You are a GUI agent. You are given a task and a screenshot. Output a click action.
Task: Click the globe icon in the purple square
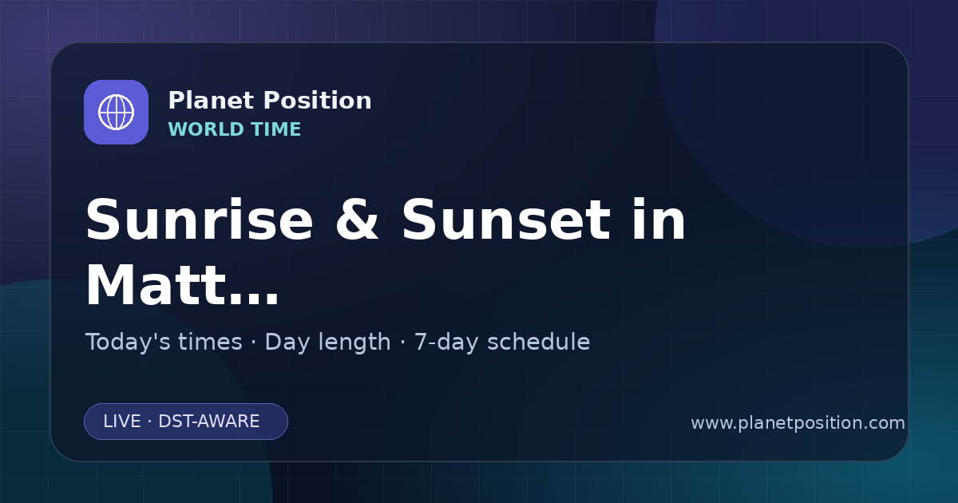click(116, 112)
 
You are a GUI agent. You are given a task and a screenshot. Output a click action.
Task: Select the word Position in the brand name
click(318, 101)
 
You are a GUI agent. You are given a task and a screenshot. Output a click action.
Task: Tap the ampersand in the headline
click(357, 220)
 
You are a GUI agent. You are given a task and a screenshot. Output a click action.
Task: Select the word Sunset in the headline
click(506, 220)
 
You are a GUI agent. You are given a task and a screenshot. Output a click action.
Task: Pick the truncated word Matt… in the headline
click(183, 285)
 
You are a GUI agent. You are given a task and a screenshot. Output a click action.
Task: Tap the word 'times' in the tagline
click(210, 342)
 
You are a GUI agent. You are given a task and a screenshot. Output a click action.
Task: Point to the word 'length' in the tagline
click(356, 343)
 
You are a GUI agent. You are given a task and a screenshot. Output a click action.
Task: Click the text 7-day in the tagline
click(446, 343)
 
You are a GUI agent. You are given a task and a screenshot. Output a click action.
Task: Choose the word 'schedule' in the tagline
click(539, 342)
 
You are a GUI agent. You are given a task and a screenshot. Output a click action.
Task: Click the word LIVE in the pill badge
click(122, 422)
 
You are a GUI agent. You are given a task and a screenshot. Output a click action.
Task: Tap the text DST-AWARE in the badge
click(209, 422)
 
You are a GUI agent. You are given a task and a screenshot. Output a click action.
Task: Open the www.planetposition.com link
click(798, 423)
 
